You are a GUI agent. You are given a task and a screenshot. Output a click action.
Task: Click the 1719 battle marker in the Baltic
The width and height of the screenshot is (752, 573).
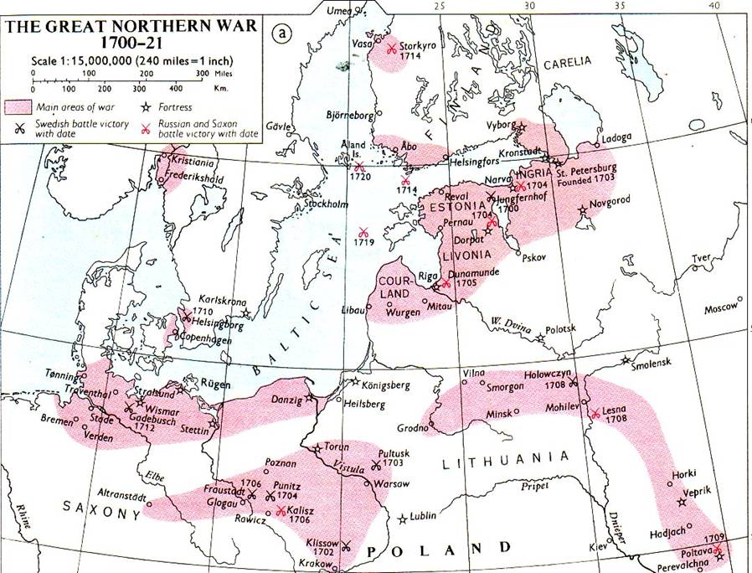(362, 234)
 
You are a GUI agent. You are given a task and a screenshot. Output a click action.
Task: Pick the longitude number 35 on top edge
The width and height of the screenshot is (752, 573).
(620, 6)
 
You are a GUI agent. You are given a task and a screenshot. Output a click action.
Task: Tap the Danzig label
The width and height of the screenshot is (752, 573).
(287, 400)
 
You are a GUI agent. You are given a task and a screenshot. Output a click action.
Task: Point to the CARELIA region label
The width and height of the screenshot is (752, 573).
(567, 62)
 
